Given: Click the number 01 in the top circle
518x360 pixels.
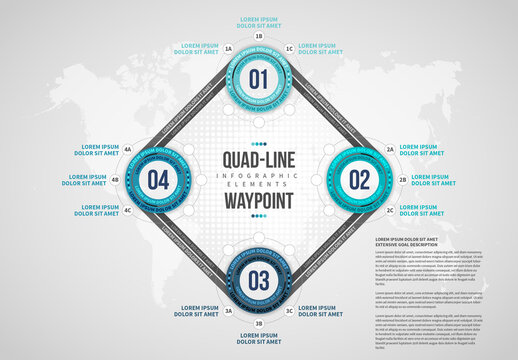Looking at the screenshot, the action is pyautogui.click(x=259, y=79).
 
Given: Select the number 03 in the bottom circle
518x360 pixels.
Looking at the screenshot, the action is pyautogui.click(x=259, y=279).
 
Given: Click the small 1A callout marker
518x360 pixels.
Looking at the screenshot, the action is pyautogui.click(x=228, y=47).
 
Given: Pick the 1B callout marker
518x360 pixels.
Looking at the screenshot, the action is pyautogui.click(x=259, y=35).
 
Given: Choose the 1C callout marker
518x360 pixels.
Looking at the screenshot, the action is pyautogui.click(x=290, y=47).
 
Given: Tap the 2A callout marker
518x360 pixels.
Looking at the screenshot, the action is pyautogui.click(x=390, y=149).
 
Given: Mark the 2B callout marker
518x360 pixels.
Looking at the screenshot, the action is pyautogui.click(x=402, y=180).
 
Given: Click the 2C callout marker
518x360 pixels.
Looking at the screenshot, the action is pyautogui.click(x=390, y=211).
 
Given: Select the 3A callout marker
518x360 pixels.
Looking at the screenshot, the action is pyautogui.click(x=228, y=311).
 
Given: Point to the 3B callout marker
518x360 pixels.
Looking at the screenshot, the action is pyautogui.click(x=259, y=324).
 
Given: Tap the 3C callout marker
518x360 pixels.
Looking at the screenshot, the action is pyautogui.click(x=290, y=311).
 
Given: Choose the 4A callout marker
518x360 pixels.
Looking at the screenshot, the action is pyautogui.click(x=128, y=149).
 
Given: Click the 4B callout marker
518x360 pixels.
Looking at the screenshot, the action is pyautogui.click(x=116, y=180).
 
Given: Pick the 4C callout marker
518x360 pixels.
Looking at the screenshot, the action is pyautogui.click(x=128, y=211).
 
